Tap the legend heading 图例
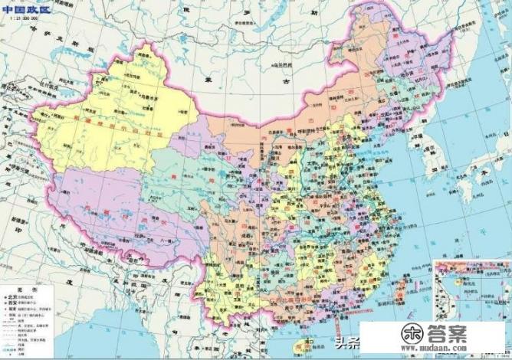(x=11, y=290)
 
